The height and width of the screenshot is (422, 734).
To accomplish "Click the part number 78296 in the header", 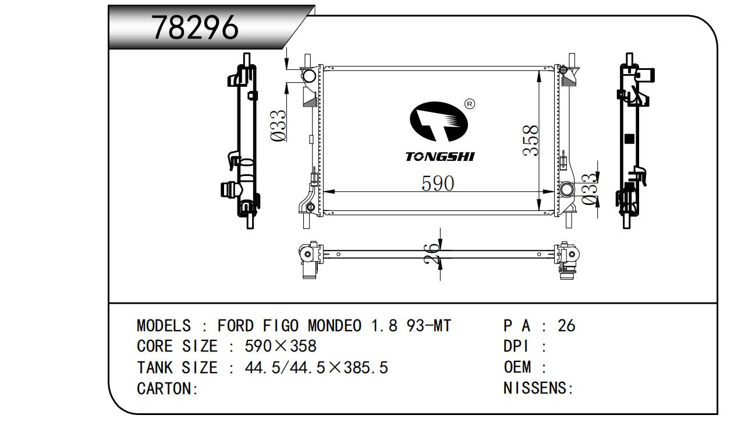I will click(x=195, y=27).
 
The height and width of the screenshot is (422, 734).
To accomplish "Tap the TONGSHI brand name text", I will click(x=440, y=157).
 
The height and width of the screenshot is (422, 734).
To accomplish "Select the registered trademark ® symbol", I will click(x=470, y=104).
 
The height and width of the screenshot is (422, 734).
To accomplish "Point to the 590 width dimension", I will click(x=437, y=184).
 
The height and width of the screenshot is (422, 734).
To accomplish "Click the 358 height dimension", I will click(x=530, y=140).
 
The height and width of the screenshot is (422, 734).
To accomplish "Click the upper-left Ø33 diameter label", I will click(x=279, y=125).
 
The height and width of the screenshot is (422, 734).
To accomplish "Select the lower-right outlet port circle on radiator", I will click(x=566, y=189).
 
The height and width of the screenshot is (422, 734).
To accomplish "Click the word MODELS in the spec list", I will click(x=164, y=326).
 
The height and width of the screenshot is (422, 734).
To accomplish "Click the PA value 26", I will click(x=566, y=326).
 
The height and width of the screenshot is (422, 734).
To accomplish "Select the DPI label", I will click(x=516, y=347).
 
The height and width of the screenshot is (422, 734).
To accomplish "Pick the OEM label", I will click(x=517, y=368).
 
